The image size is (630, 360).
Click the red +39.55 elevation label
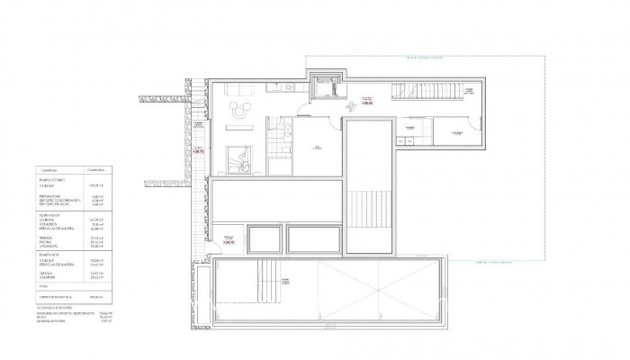pos(367,103)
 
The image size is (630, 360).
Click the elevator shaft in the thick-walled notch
pos(322,86)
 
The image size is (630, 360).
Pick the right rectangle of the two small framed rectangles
pos(312,239)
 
